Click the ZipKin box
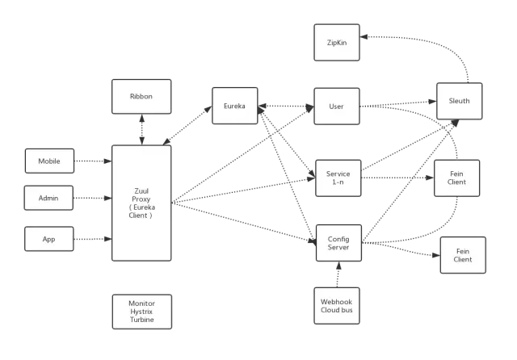pos(337,42)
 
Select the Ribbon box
pos(141,97)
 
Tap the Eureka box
pos(234,106)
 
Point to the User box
pos(337,106)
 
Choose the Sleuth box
pos(459,101)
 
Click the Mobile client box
pos(49,161)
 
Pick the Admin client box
pos(49,198)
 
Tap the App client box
pos(49,239)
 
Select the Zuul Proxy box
pos(141,203)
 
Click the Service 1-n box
pos(338,178)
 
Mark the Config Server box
pos(338,243)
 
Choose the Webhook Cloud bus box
pos(337,306)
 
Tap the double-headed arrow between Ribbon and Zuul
pos(142,130)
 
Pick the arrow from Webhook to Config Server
pos(338,274)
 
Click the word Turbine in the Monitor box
pos(141,321)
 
